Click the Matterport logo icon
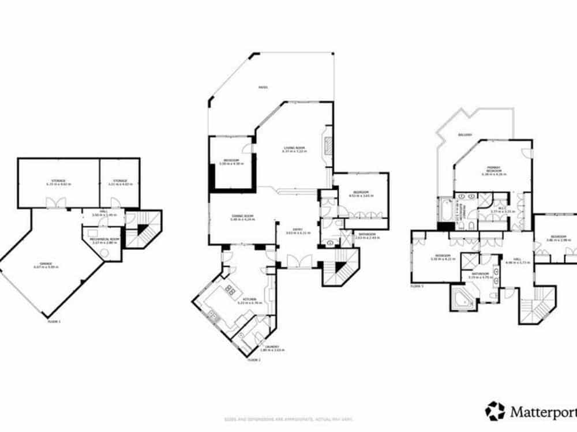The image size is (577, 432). [x=494, y=411]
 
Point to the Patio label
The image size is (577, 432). [x=263, y=88]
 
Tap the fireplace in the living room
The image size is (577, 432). [x=327, y=146]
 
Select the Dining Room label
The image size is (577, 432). [x=242, y=217]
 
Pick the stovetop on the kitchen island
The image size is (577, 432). [x=230, y=290]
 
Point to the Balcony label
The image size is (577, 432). [x=466, y=135]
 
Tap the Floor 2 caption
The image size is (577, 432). [x=254, y=359]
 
